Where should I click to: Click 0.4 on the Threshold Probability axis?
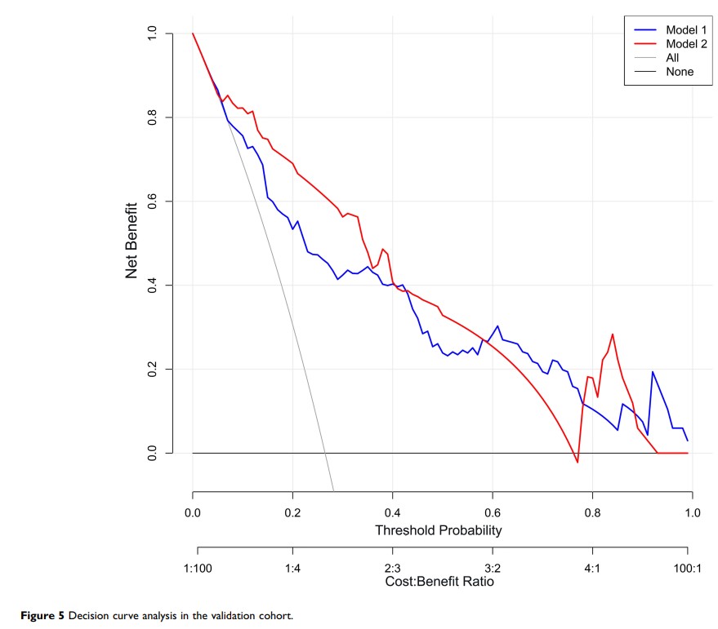392,513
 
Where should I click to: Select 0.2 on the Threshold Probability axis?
292,513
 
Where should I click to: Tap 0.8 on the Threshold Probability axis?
592,513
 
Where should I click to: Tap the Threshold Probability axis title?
438,530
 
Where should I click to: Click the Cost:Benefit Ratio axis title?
439,582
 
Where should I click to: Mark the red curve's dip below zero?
577,462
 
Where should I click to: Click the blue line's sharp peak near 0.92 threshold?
652,372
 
